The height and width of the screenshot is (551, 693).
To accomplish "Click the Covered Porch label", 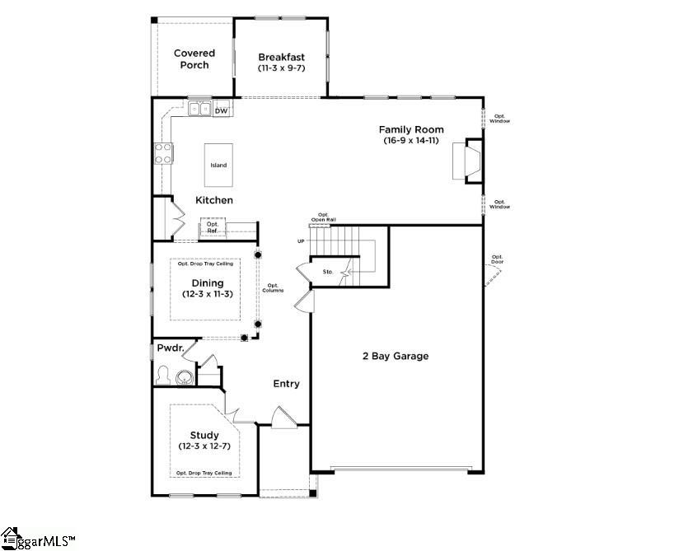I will point(194,59).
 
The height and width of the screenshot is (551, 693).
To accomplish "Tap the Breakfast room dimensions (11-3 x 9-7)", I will point(281,68).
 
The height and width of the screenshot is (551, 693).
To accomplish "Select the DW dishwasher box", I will point(221,110).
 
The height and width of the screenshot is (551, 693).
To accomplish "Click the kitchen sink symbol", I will point(198,108).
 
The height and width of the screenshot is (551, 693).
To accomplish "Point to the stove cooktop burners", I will point(163,153).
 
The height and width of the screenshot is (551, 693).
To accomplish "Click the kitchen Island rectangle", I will point(218,165).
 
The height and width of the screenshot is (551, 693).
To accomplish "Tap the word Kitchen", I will point(213,200).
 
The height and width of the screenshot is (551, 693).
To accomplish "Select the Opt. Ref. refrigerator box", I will point(213,227).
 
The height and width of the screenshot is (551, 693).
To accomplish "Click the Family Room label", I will point(411,129).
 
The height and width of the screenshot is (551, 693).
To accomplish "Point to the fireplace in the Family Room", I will point(472,161).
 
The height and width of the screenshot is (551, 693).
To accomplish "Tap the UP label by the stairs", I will point(301,241).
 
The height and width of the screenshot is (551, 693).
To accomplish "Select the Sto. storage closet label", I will point(326,270).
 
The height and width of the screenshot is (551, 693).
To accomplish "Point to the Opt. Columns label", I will point(273,288).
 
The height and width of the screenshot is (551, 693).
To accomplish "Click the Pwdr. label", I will point(169,349).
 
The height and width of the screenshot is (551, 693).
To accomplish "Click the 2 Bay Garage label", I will point(396,357).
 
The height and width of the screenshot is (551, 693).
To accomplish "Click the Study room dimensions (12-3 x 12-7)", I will point(204,446).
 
